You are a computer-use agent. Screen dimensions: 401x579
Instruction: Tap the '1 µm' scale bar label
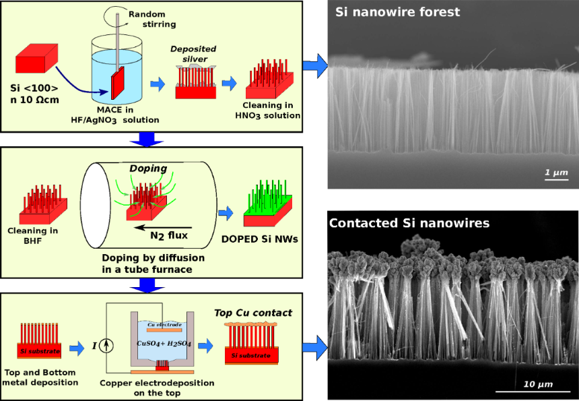pyautogui.click(x=556, y=173)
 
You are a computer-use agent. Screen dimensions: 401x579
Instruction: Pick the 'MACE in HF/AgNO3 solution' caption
pyautogui.click(x=127, y=115)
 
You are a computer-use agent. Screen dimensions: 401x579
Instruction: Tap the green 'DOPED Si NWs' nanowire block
pyautogui.click(x=266, y=206)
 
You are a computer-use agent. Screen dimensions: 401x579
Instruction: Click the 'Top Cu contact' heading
pyautogui.click(x=252, y=312)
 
